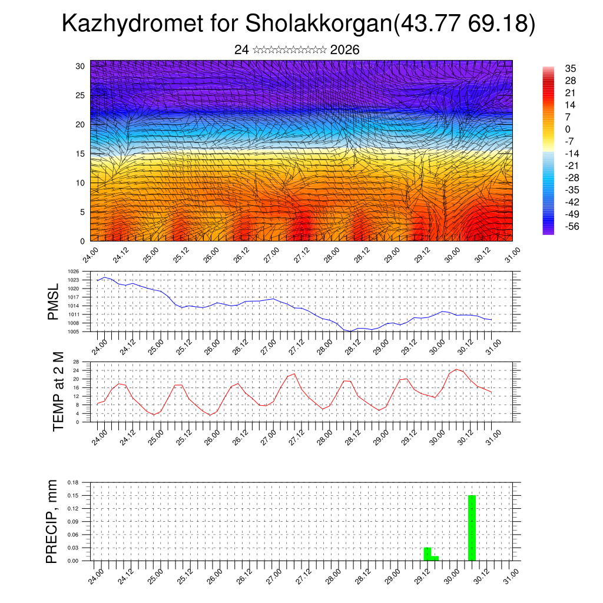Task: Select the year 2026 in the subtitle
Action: pos(345,50)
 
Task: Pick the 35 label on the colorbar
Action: pos(570,68)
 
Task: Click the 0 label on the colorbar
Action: pos(568,129)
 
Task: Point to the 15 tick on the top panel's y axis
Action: pos(80,154)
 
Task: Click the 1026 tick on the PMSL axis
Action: pos(74,271)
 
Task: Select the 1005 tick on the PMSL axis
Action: pos(74,332)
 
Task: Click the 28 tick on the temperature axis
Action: pos(76,362)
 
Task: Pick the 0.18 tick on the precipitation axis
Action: pos(72,482)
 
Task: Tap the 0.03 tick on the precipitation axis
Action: pos(72,548)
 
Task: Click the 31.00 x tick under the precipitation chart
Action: pos(509,575)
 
